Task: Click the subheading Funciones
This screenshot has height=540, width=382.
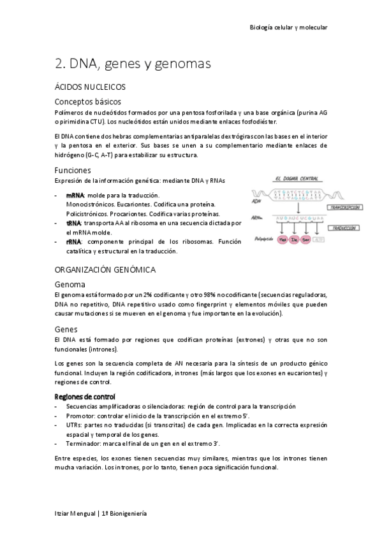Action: (73, 170)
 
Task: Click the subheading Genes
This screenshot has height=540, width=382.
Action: (67, 329)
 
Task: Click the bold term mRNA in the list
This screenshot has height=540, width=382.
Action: (74, 195)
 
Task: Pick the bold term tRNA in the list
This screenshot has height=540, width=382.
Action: (73, 224)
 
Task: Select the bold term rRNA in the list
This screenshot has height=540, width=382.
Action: (73, 242)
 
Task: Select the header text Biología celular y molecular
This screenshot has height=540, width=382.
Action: (288, 27)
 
